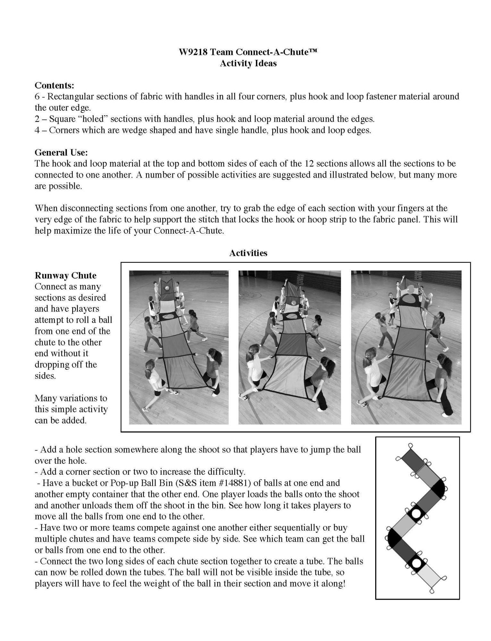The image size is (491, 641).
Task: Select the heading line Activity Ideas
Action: click(x=248, y=63)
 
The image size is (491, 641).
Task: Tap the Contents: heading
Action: click(x=54, y=85)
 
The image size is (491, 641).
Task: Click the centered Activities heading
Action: click(x=248, y=253)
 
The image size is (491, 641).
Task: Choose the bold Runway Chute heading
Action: click(x=65, y=276)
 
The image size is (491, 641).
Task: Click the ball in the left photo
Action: click(x=167, y=288)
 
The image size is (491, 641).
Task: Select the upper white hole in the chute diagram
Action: click(x=416, y=514)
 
